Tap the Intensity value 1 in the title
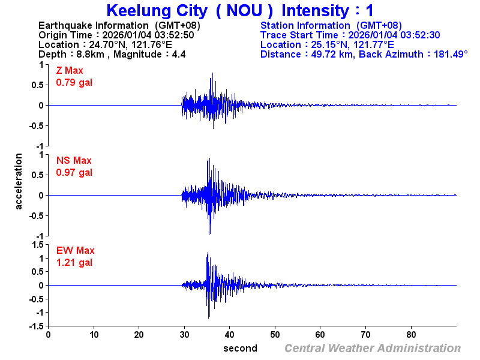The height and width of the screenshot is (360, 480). [370, 11]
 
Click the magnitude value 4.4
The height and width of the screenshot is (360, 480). [179, 55]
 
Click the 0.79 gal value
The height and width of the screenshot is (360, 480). [74, 82]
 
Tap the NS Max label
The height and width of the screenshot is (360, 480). [74, 161]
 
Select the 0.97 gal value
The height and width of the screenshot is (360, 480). [74, 172]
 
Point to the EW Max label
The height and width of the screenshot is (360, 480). [75, 251]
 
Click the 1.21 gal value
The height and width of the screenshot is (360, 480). [74, 262]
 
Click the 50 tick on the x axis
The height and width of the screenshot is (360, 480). [275, 335]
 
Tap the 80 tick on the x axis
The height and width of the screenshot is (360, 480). [411, 335]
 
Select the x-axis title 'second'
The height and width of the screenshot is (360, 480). [240, 349]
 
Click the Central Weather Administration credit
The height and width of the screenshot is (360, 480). [373, 349]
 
